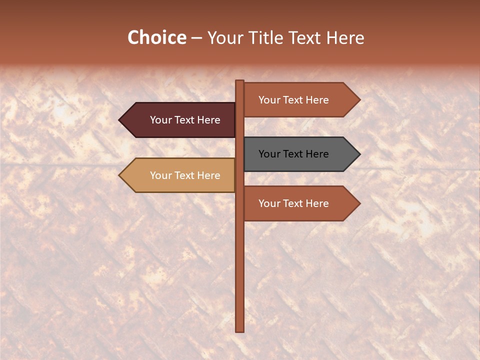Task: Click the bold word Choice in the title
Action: pyautogui.click(x=156, y=38)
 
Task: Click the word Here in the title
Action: pyautogui.click(x=345, y=38)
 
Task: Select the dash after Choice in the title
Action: pyautogui.click(x=196, y=38)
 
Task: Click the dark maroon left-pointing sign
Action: pyautogui.click(x=180, y=120)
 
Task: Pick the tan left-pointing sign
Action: pyautogui.click(x=180, y=175)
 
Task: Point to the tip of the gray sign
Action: pyautogui.click(x=358, y=154)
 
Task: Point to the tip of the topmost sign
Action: pyautogui.click(x=358, y=100)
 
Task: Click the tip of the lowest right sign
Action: pyautogui.click(x=358, y=203)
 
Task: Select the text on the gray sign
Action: pyautogui.click(x=293, y=154)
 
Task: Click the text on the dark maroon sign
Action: pyautogui.click(x=185, y=120)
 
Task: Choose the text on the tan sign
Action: pyautogui.click(x=185, y=175)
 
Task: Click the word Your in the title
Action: pyautogui.click(x=224, y=38)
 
